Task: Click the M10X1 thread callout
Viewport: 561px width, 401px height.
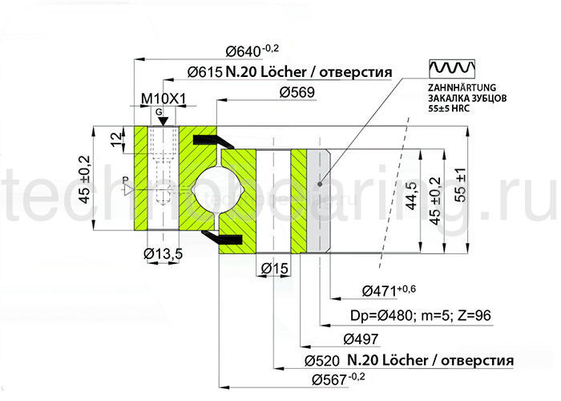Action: [163, 99]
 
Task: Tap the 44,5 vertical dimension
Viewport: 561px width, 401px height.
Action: [412, 197]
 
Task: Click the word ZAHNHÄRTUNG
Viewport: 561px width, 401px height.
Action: [464, 87]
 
